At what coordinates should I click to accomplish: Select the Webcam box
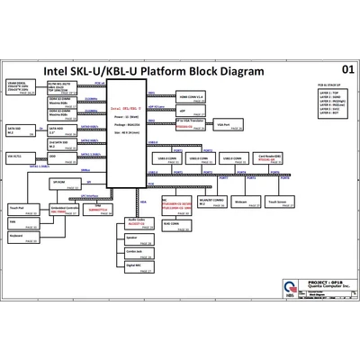[x=240, y=202]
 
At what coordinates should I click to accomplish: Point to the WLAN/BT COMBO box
[x=210, y=202]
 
